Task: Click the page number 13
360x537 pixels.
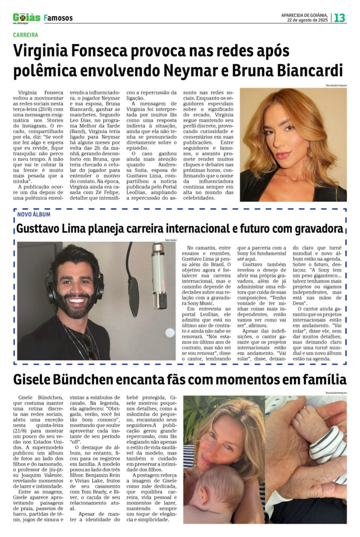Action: tap(340, 17)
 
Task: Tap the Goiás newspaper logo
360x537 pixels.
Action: tap(27, 17)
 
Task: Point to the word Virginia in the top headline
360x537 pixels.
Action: tap(47, 51)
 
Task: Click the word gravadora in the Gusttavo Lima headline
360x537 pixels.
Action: tap(314, 229)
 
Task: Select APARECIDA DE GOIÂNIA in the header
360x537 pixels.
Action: tap(303, 14)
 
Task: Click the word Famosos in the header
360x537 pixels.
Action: tap(59, 18)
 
